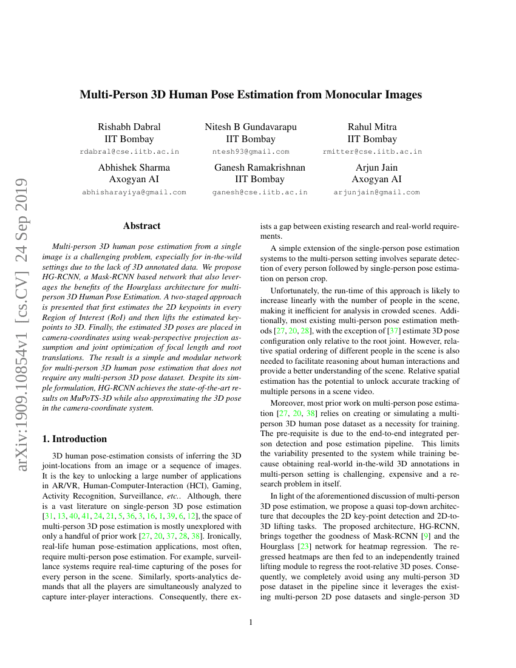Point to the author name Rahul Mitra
(x=372, y=127)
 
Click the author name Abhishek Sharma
(x=134, y=168)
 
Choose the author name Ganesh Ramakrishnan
(x=259, y=168)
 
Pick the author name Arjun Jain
(x=376, y=168)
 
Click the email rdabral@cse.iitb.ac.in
(x=129, y=152)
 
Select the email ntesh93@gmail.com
(x=251, y=152)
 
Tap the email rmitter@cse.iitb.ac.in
(x=372, y=152)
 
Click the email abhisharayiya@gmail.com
(x=134, y=193)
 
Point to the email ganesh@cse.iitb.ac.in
(x=259, y=193)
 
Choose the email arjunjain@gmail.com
(x=376, y=193)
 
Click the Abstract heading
(x=141, y=226)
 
